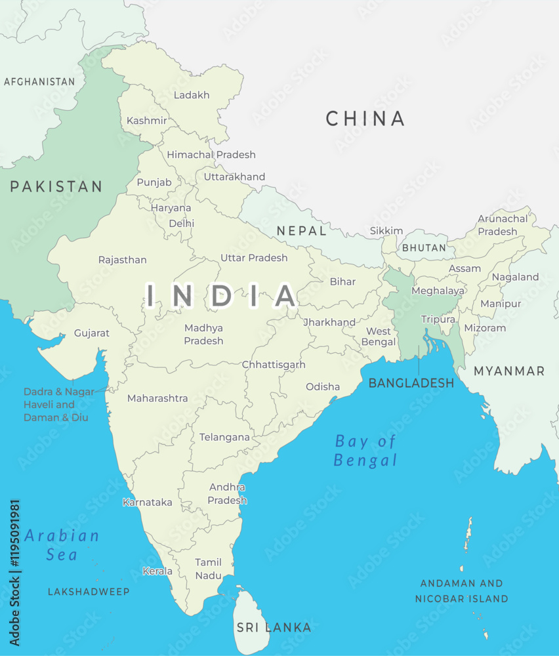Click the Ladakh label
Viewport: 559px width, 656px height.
coord(192,95)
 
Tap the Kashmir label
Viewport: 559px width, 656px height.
coord(147,121)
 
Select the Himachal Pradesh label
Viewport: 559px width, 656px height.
coord(211,155)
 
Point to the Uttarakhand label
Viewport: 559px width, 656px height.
coord(234,176)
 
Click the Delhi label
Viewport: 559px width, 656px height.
coord(182,223)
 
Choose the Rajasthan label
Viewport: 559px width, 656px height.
coord(123,260)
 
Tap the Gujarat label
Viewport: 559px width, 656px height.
coord(92,333)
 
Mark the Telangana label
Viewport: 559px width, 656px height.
coord(224,437)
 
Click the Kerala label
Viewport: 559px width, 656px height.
coord(157,571)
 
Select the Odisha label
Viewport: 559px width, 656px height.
coord(323,386)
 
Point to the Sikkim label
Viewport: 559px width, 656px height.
coord(386,231)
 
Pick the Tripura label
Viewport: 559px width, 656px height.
coord(438,319)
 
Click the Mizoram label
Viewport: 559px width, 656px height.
coord(485,327)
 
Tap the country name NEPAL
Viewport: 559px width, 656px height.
coord(301,231)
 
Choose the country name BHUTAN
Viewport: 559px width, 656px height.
coord(424,248)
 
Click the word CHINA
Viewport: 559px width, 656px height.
coord(365,119)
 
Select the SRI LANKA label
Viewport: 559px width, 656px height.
coord(274,628)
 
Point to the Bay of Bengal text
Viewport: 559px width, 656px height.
coord(365,450)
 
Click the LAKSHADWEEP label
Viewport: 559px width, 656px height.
coord(89,592)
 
